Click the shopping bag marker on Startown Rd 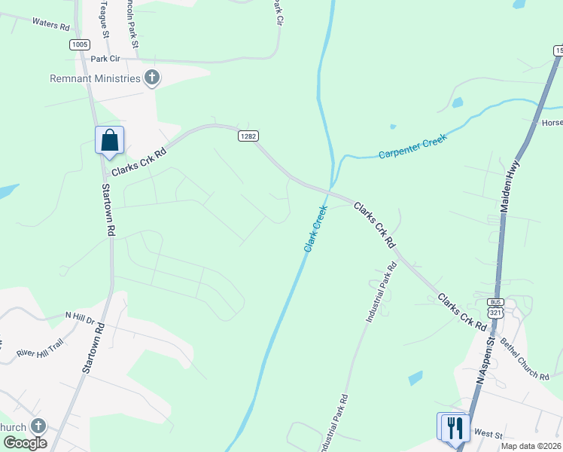(109, 140)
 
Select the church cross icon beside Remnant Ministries (152, 77)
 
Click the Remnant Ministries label (95, 78)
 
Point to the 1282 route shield (248, 136)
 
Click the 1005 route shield (80, 44)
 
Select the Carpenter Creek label (412, 146)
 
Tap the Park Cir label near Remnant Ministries (105, 59)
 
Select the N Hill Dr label (80, 317)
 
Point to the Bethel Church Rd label (525, 359)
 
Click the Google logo (25, 443)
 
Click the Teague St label (105, 19)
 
